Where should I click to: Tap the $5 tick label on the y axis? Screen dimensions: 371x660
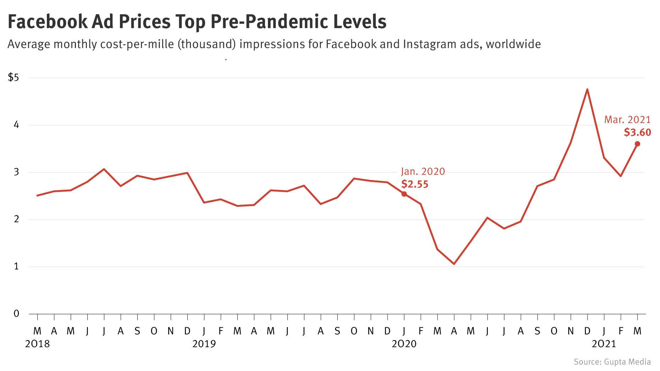[x=13, y=77]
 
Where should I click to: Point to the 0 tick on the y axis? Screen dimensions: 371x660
[x=16, y=314]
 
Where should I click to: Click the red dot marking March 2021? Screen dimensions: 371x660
[x=637, y=144]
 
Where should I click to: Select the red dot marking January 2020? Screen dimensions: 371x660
[x=404, y=194]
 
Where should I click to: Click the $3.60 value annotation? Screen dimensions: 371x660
[x=637, y=133]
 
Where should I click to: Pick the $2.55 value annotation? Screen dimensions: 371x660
[x=414, y=184]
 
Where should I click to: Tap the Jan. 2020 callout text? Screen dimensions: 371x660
[x=423, y=172]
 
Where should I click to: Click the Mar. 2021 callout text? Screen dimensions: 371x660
[x=627, y=120]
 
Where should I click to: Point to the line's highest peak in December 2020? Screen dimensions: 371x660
[x=587, y=89]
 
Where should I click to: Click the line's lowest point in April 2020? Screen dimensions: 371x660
[x=454, y=264]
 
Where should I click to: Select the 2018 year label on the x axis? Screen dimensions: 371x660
[x=38, y=344]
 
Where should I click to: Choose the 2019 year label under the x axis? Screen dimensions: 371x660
[x=204, y=344]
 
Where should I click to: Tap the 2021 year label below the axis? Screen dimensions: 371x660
[x=604, y=344]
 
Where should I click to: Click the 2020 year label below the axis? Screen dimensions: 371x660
[x=404, y=344]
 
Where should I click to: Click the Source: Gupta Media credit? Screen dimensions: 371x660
[x=612, y=362]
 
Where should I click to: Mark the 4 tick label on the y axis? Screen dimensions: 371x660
[x=16, y=125]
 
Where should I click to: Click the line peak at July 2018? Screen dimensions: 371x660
[x=104, y=169]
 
